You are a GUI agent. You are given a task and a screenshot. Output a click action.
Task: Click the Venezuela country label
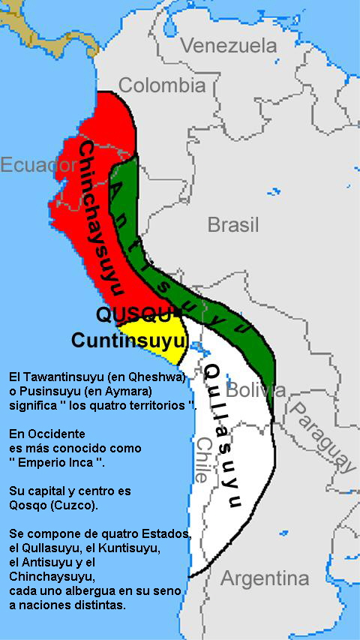(229, 46)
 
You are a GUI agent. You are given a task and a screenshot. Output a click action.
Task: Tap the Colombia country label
(161, 85)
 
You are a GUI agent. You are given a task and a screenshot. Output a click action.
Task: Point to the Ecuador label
(28, 164)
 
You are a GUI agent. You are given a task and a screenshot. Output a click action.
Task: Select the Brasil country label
(233, 224)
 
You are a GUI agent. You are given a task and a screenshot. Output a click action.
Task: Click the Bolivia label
(256, 390)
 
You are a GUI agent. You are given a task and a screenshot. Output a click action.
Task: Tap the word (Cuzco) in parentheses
(76, 505)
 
